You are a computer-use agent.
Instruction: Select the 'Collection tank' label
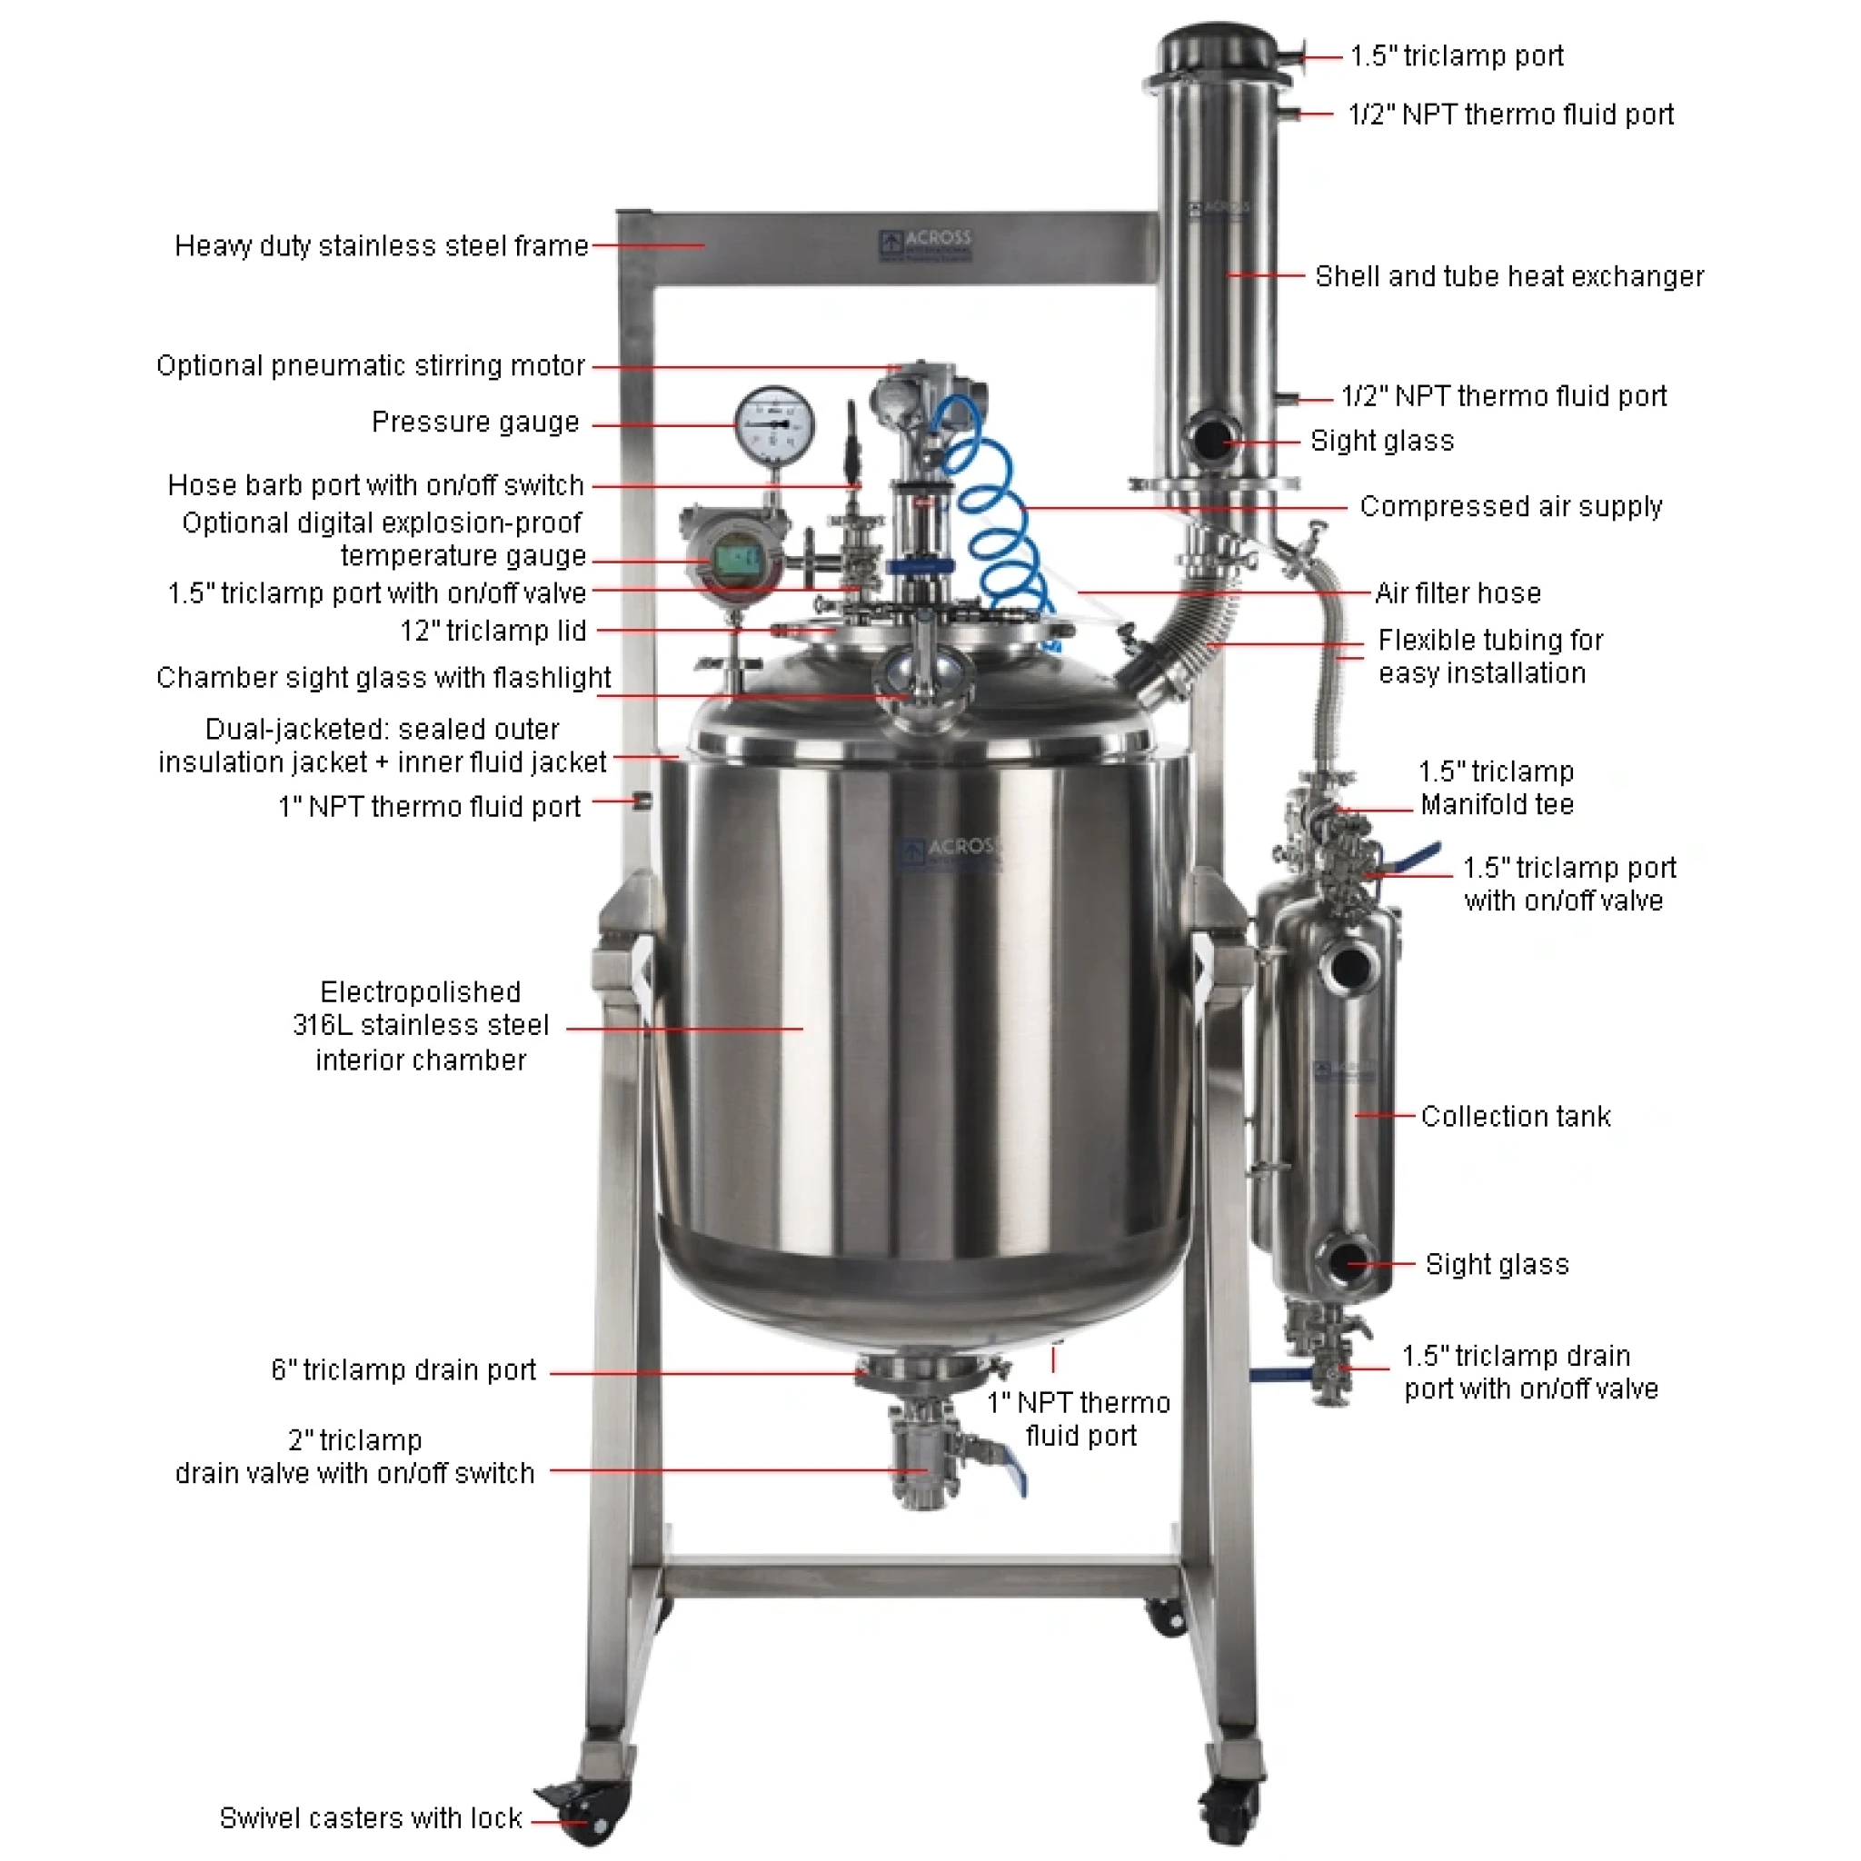[x=1515, y=1117]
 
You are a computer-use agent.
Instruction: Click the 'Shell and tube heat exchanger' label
[x=1509, y=276]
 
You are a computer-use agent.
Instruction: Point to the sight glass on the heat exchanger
[x=1208, y=439]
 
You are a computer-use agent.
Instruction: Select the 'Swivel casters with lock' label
[x=371, y=1817]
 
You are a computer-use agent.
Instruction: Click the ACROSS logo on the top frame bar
[x=926, y=245]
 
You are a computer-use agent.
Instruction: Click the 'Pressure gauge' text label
[x=476, y=422]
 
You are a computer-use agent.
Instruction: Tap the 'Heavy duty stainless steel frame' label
[x=382, y=245]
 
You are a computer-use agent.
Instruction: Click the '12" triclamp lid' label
[x=493, y=631]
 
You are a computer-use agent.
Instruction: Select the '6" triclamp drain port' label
[x=403, y=1369]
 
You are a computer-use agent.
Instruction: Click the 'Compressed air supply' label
[x=1510, y=507]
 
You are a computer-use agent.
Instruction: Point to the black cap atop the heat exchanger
[x=1218, y=48]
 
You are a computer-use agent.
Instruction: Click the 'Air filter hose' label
[x=1458, y=593]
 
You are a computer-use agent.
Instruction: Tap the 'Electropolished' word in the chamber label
[x=420, y=992]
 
